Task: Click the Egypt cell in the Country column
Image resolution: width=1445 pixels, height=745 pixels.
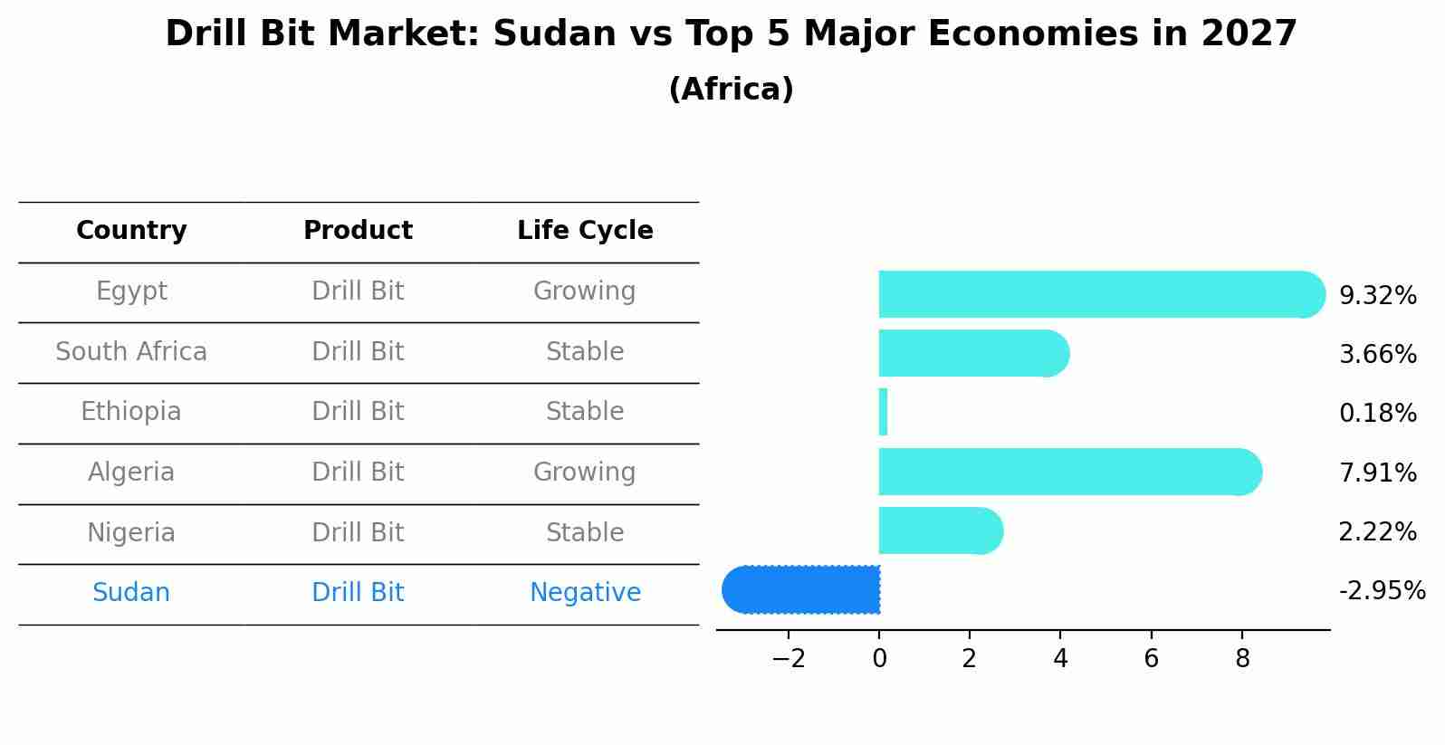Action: tap(131, 291)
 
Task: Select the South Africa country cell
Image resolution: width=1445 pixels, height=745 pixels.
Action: tap(131, 351)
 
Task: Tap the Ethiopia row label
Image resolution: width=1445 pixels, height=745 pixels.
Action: tap(131, 412)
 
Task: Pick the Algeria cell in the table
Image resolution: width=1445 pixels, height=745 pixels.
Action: tap(131, 473)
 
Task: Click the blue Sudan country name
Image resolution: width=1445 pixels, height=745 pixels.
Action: tap(131, 593)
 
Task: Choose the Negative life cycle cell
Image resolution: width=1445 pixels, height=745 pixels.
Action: tap(585, 593)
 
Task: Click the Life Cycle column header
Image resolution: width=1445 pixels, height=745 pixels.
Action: tap(585, 231)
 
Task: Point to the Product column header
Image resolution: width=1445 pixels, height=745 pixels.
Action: tap(358, 231)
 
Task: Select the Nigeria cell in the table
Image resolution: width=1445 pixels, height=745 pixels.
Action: tap(131, 532)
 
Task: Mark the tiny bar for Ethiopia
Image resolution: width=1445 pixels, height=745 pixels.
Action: tap(883, 412)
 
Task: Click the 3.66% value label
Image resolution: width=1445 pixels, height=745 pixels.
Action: tap(1377, 354)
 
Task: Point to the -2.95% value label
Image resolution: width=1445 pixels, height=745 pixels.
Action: tap(1382, 591)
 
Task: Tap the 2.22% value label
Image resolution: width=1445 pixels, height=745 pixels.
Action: tap(1377, 532)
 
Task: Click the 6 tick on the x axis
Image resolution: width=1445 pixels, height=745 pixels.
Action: tap(1151, 659)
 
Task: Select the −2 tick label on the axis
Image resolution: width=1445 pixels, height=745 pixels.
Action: tap(789, 659)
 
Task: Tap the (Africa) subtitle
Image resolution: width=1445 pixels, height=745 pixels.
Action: tap(731, 90)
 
